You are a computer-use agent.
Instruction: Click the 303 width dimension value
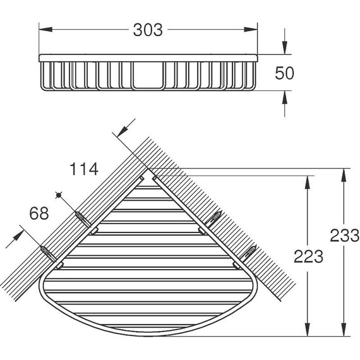coord(148,29)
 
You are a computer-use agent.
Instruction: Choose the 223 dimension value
coord(308,256)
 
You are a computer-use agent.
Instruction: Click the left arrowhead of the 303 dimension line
coord(44,29)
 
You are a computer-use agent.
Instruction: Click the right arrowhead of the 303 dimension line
coord(253,29)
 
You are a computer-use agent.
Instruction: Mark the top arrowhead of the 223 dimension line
coord(308,181)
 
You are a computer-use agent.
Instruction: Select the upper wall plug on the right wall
coord(214,219)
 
